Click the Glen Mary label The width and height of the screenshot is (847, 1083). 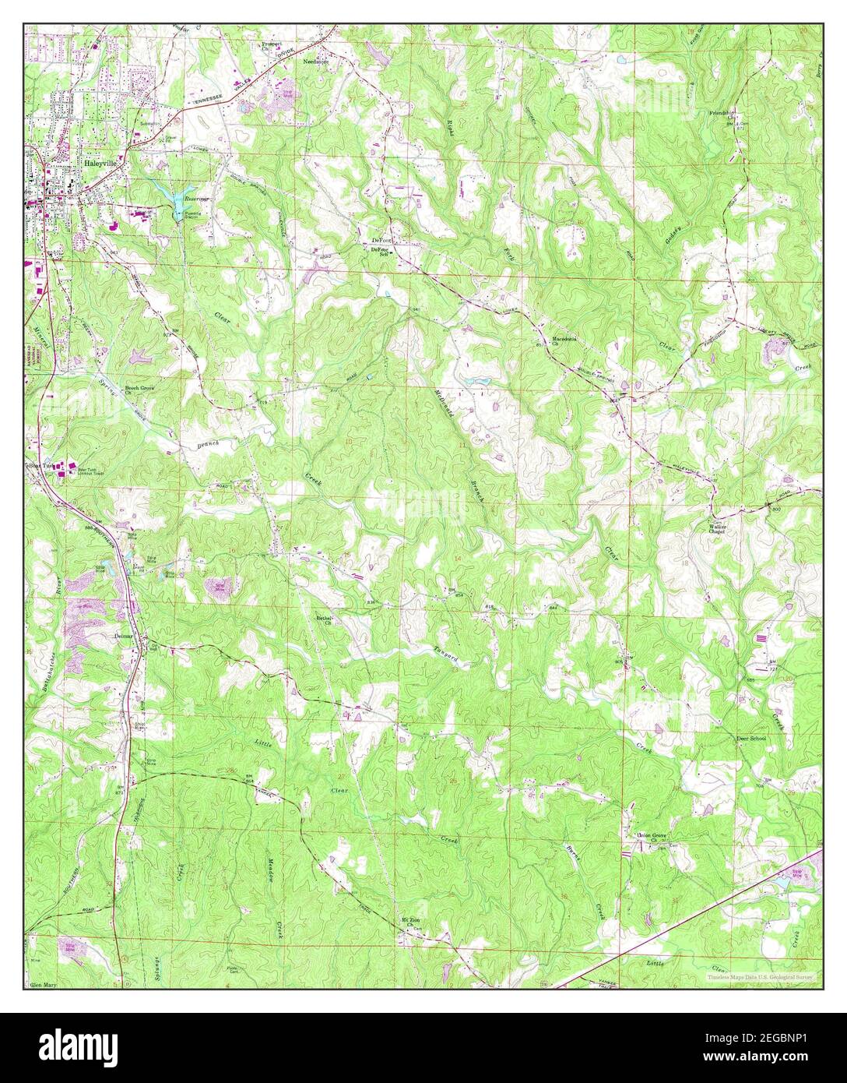pyautogui.click(x=44, y=985)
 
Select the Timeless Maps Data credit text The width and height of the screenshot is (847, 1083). pyautogui.click(x=759, y=976)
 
